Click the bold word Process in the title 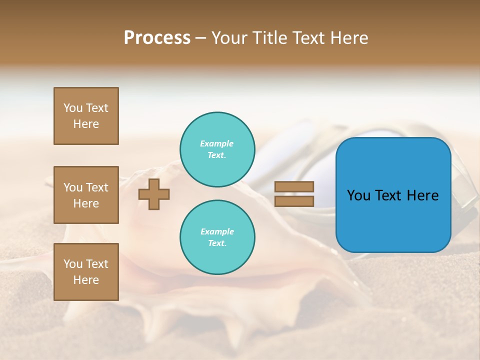[x=157, y=38]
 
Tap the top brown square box [x=86, y=116]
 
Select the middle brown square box [x=86, y=195]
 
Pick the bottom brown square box [x=86, y=272]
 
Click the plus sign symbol [x=154, y=194]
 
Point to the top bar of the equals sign [x=294, y=186]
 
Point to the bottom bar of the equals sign [x=294, y=201]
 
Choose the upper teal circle [x=217, y=149]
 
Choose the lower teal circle [x=217, y=237]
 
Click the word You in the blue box [x=358, y=195]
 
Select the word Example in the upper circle [x=217, y=144]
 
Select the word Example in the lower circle [x=217, y=232]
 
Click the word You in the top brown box [x=73, y=108]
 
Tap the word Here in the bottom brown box [x=86, y=280]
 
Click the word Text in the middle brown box [x=97, y=187]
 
